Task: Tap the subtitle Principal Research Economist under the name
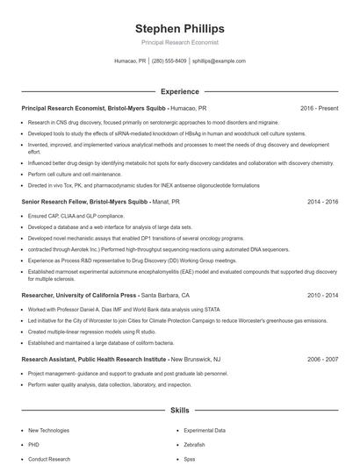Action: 179,42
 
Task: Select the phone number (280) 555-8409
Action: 169,61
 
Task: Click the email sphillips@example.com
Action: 218,61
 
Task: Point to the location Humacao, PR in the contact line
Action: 131,61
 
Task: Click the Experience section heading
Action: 179,91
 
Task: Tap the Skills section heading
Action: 179,410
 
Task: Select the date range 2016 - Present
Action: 319,108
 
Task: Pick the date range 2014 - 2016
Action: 322,201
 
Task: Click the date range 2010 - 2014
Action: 322,296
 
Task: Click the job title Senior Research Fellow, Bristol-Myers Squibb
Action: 84,201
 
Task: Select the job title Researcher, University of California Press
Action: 79,296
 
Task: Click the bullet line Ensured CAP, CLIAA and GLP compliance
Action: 76,216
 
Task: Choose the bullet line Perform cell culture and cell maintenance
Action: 75,174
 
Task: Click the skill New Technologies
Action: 48,431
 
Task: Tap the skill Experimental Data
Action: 204,431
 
